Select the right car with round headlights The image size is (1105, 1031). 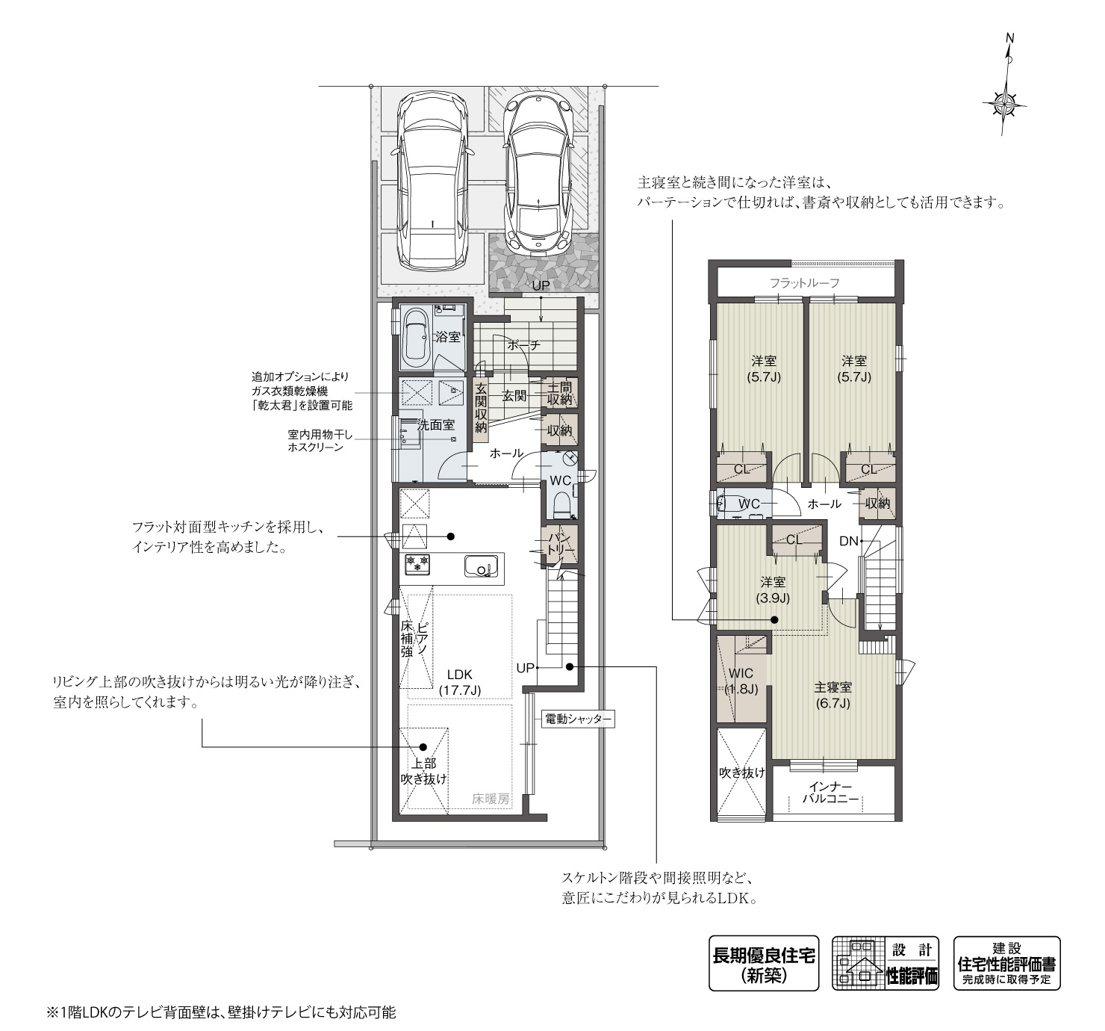click(x=538, y=173)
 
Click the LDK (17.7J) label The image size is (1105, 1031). click(x=460, y=681)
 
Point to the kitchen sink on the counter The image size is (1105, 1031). click(x=479, y=567)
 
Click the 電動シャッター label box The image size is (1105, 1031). click(x=577, y=719)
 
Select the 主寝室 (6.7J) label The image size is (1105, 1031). click(x=832, y=696)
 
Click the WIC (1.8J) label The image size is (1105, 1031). click(x=741, y=681)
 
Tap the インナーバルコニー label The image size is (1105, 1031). click(x=829, y=793)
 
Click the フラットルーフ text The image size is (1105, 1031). click(x=805, y=283)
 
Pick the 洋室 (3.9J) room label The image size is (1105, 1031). click(x=773, y=589)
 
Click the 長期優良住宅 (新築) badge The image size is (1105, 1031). click(x=763, y=964)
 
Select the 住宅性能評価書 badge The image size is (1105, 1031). click(x=1006, y=964)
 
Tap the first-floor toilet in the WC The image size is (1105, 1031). click(x=562, y=504)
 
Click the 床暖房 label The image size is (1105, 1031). click(x=490, y=799)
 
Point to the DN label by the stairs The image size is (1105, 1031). click(x=848, y=542)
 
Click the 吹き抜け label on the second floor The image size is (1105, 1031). click(x=741, y=773)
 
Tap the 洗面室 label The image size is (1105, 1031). click(x=435, y=425)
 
